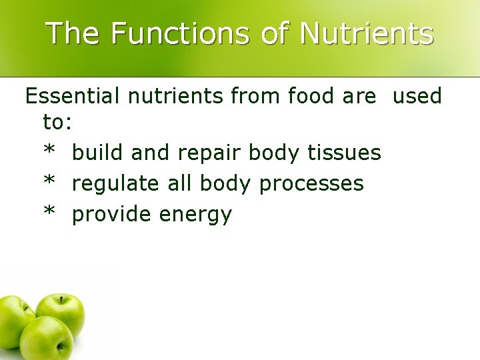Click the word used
[417, 97]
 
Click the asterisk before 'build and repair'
[49, 151]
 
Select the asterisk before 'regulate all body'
[49, 182]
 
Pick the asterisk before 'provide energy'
[49, 213]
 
